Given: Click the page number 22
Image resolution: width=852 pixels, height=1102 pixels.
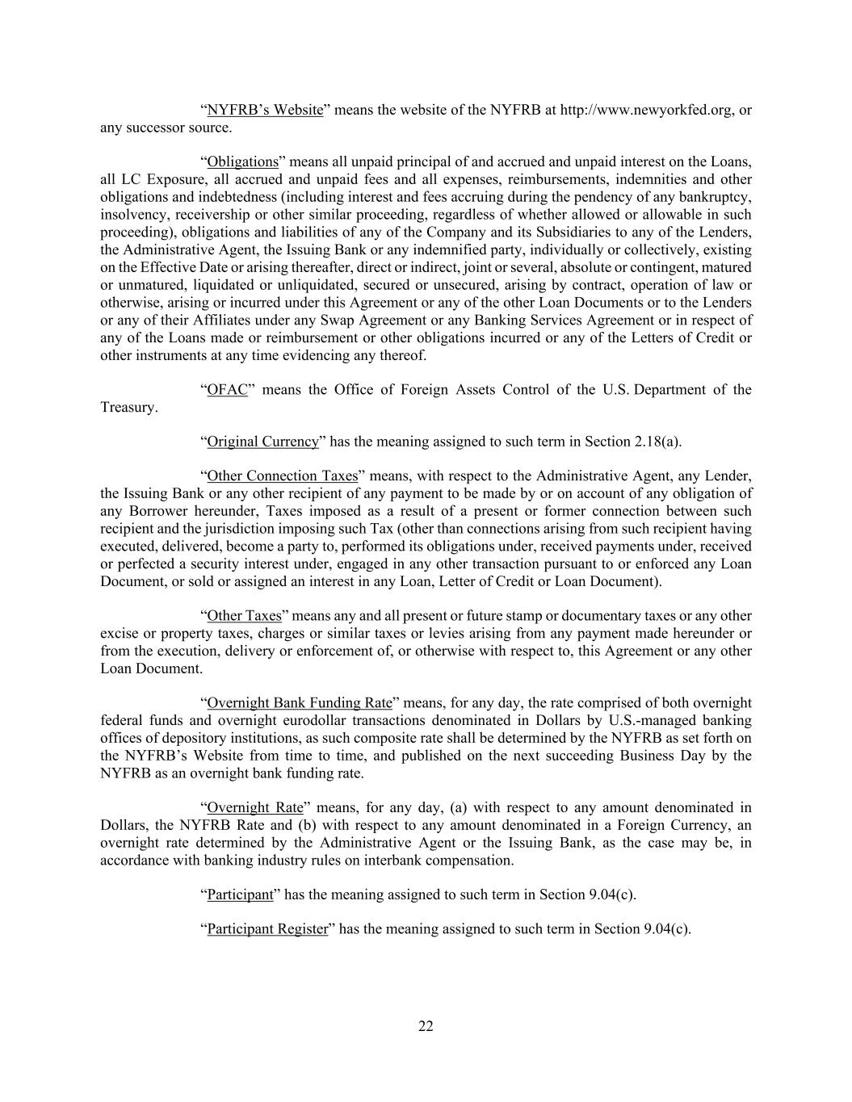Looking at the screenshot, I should tap(426, 1026).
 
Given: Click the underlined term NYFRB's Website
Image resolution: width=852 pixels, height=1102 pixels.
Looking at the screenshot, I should tap(265, 110).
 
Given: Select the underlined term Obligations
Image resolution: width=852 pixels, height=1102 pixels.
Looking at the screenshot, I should tap(242, 161).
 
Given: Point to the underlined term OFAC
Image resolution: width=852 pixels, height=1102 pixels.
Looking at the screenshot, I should tap(227, 390).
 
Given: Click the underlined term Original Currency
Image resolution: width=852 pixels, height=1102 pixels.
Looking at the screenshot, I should tap(262, 442).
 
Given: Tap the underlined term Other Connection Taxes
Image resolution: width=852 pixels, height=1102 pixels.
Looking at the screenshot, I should tap(282, 476).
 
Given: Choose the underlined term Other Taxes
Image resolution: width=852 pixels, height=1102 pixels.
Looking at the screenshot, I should tap(244, 616).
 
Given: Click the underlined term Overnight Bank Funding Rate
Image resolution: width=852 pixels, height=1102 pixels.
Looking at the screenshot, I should tap(299, 703).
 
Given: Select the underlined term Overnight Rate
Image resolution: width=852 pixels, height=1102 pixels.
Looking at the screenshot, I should tap(255, 807).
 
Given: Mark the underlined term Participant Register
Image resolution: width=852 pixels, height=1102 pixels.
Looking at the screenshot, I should tap(267, 928).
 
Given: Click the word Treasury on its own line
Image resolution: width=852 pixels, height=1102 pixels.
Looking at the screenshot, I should tap(128, 408).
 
